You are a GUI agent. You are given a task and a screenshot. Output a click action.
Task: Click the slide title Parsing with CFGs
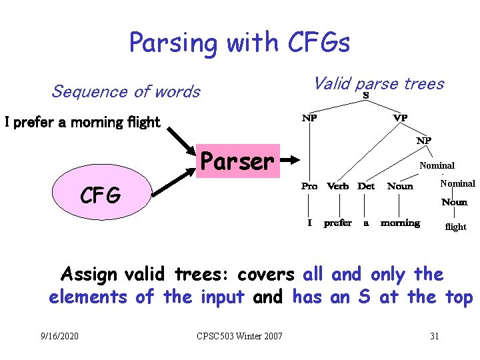[x=239, y=43]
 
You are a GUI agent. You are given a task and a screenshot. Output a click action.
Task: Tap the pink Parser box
[x=237, y=161]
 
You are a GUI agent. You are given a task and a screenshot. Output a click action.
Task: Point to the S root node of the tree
[x=366, y=96]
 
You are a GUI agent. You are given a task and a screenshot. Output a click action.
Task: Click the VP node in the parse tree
[x=400, y=118]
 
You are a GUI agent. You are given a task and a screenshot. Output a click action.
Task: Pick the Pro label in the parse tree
[x=309, y=186]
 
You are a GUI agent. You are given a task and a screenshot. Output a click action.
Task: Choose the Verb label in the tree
[x=338, y=186]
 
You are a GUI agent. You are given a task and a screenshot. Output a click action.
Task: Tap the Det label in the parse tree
[x=366, y=186]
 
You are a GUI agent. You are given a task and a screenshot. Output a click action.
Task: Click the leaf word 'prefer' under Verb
[x=337, y=223]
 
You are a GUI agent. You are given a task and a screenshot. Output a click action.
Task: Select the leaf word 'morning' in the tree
[x=400, y=223]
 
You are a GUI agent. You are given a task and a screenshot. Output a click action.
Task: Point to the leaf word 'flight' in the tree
[x=455, y=227]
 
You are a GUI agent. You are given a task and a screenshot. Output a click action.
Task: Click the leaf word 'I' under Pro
[x=309, y=223]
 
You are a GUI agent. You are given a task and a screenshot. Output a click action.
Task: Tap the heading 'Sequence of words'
[x=125, y=91]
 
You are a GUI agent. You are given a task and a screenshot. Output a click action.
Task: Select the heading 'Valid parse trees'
[x=378, y=83]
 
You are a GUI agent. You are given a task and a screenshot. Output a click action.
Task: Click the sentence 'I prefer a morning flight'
[x=83, y=122]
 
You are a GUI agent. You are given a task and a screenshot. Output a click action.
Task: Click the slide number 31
[x=434, y=335]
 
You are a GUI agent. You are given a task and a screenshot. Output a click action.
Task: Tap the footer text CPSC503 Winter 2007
[x=241, y=335]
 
